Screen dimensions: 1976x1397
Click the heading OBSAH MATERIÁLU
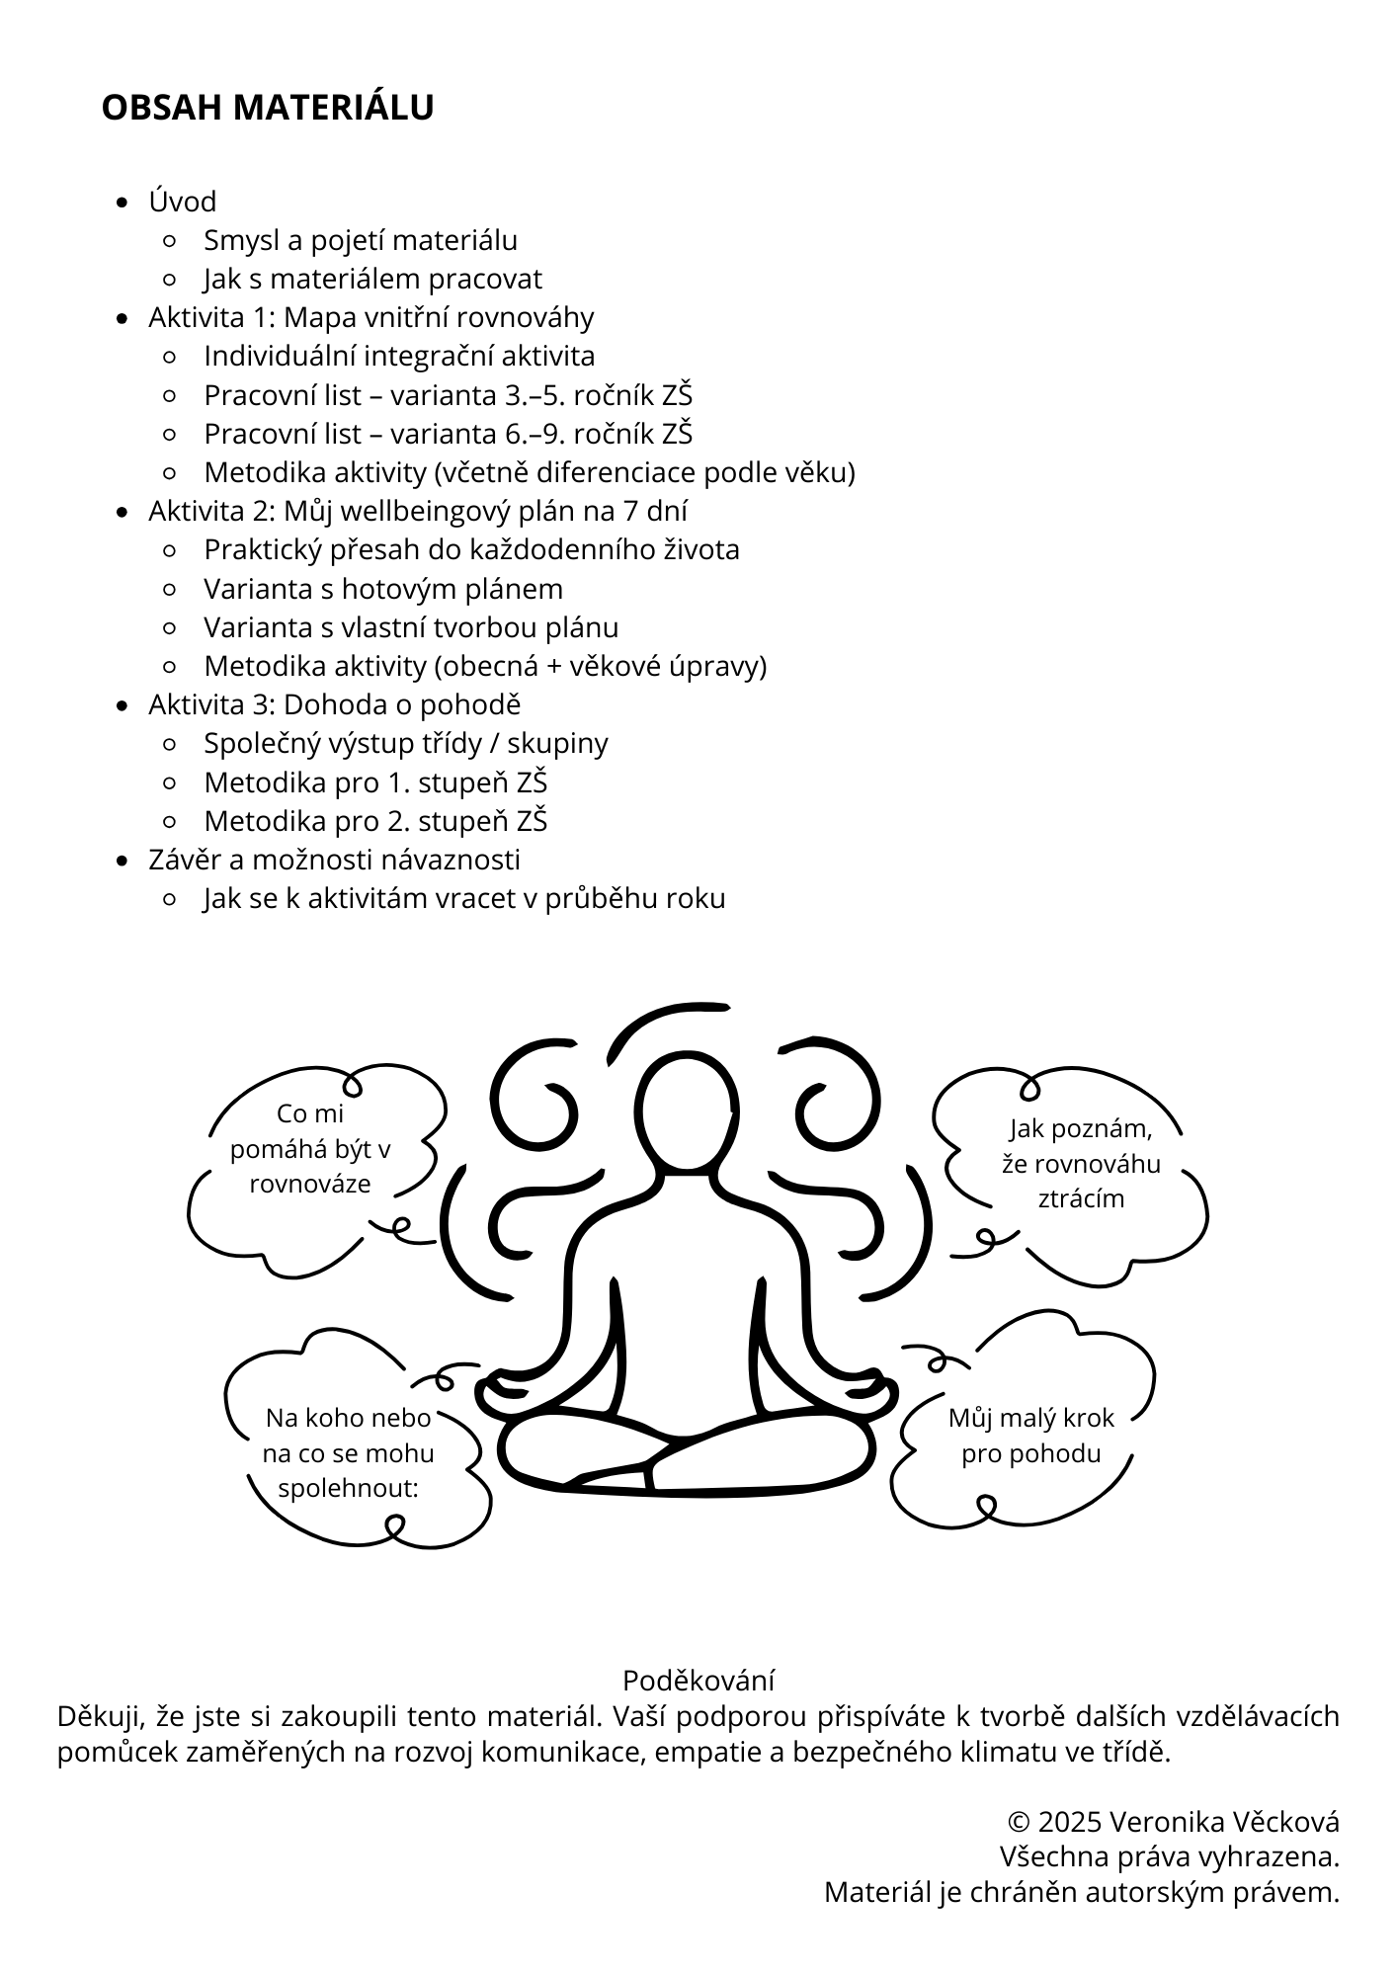(267, 108)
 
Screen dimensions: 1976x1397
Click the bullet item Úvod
(183, 202)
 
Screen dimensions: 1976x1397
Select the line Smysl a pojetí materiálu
(361, 240)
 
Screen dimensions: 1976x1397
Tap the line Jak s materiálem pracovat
(372, 279)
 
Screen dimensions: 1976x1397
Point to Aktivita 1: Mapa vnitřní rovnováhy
(371, 317)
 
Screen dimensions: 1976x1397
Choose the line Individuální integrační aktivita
(399, 356)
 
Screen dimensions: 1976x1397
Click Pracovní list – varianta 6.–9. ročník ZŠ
(448, 434)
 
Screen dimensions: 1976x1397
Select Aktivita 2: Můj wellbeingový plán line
(418, 511)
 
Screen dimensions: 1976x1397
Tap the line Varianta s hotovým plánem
(383, 589)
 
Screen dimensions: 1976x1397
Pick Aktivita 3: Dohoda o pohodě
(334, 704)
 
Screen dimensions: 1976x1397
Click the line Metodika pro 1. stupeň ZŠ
(375, 782)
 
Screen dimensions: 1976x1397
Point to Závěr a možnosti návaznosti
(334, 860)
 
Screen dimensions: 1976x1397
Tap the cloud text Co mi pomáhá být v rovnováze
(310, 1148)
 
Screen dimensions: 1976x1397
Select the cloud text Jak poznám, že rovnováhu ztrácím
(1081, 1163)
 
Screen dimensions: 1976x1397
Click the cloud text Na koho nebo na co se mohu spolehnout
(348, 1453)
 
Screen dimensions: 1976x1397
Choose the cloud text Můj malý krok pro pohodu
(1030, 1436)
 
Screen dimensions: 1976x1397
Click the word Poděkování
(698, 1680)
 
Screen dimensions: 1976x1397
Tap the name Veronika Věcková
(1224, 1822)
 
